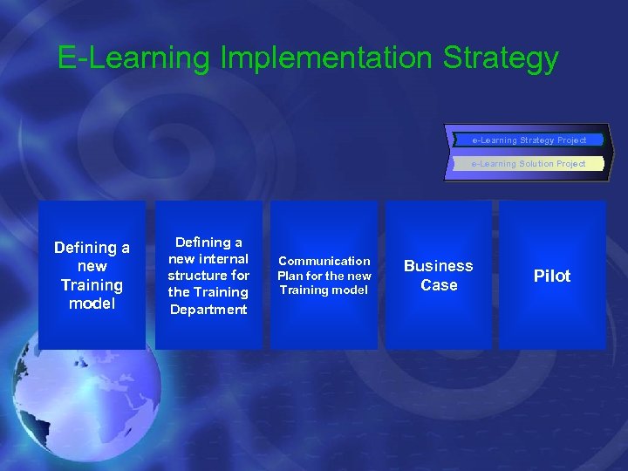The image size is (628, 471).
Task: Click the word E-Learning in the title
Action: point(134,58)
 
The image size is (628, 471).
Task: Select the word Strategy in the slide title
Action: point(501,58)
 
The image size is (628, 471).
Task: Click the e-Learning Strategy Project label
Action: point(529,140)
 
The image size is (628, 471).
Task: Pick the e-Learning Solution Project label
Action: point(529,163)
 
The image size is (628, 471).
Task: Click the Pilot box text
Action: point(551,276)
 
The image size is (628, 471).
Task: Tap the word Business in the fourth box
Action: point(438,266)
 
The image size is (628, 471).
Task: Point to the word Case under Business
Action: point(438,285)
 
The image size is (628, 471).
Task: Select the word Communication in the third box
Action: point(324,261)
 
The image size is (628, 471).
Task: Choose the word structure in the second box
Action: point(197,276)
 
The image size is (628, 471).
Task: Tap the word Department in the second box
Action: point(208,309)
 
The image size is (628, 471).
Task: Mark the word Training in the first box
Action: point(92,285)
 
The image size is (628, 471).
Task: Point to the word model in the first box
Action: point(92,304)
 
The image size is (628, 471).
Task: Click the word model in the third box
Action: point(351,290)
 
